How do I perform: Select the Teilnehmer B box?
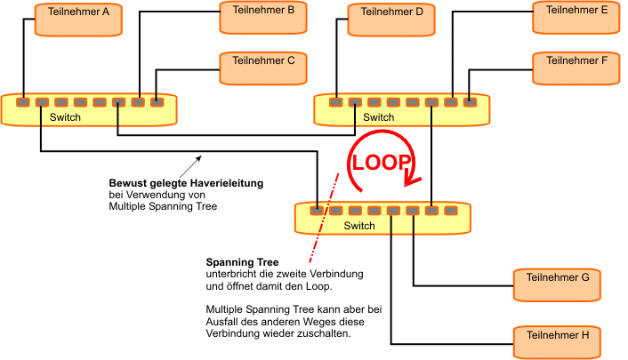pyautogui.click(x=263, y=16)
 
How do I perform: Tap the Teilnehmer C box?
pyautogui.click(x=263, y=68)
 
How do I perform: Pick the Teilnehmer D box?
pyautogui.click(x=389, y=19)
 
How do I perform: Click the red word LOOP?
pyautogui.click(x=382, y=163)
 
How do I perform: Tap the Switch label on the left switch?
pyautogui.click(x=65, y=117)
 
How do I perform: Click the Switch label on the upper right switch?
pyautogui.click(x=378, y=117)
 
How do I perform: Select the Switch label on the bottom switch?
pyautogui.click(x=359, y=226)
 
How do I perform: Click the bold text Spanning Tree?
pyautogui.click(x=243, y=262)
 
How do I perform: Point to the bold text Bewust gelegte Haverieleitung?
pyautogui.click(x=185, y=184)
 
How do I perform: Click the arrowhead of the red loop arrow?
pyautogui.click(x=411, y=180)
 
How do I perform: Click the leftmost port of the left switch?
pyautogui.click(x=22, y=102)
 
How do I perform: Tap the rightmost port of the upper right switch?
pyautogui.click(x=471, y=102)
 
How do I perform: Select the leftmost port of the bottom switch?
pyautogui.click(x=317, y=211)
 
